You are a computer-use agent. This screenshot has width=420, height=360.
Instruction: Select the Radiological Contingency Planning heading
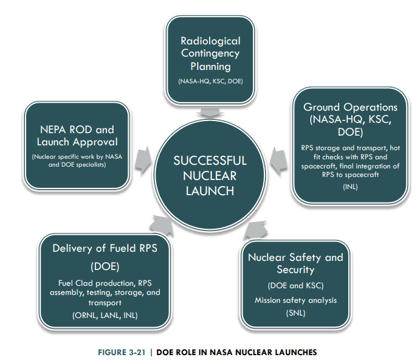pos(210,54)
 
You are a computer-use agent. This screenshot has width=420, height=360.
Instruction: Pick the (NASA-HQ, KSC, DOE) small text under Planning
pos(210,80)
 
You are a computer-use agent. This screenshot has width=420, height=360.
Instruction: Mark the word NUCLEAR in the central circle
pos(210,176)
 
